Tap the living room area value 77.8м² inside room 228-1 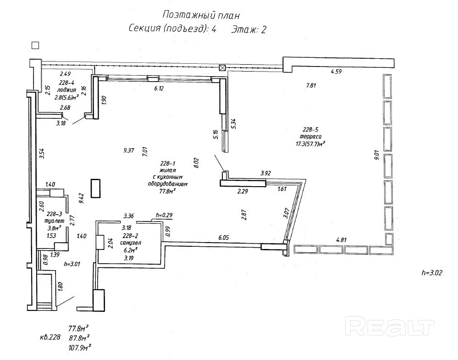pos(168,192)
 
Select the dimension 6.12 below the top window pos(159,89)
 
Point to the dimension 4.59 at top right pos(337,71)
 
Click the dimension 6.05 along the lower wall pos(223,238)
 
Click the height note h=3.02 pos(432,272)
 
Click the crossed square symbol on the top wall pos(223,68)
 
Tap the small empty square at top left pos(35,45)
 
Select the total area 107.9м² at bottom pos(79,347)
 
